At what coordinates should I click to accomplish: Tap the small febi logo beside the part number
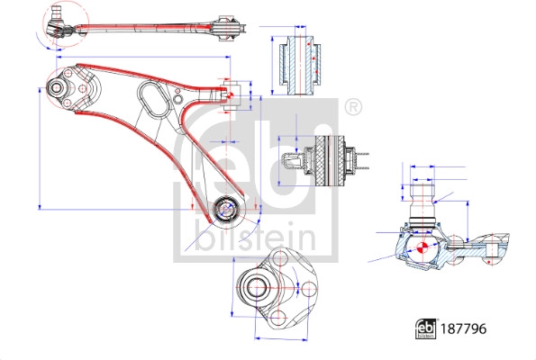pos(424,329)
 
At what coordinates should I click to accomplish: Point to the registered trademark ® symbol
pos(353,107)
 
